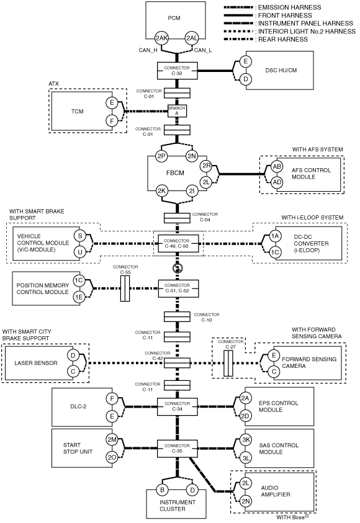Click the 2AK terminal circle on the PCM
[161, 38]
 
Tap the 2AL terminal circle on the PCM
[192, 38]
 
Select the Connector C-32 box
[177, 71]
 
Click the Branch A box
[177, 110]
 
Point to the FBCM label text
[175, 172]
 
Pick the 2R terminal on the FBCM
[206, 166]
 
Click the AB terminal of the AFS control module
[277, 166]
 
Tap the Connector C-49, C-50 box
[178, 243]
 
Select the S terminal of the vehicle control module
[80, 236]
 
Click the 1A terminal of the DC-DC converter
[274, 236]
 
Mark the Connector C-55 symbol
[125, 288]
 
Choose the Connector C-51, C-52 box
[178, 288]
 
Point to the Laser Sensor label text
[36, 363]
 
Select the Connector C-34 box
[177, 406]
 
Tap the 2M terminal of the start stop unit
[112, 440]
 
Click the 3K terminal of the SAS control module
[246, 440]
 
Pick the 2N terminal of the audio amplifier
[246, 501]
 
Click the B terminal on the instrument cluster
[162, 489]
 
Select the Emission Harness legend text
[290, 7]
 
